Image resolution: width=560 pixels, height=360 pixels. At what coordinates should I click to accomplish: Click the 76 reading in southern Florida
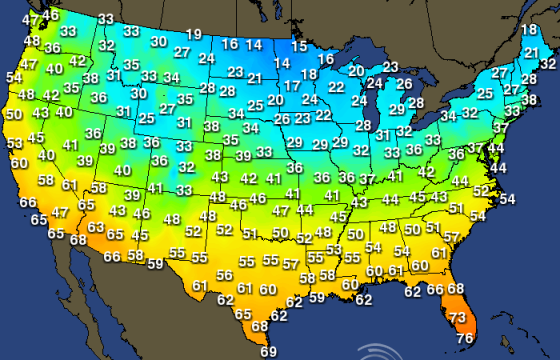[465, 338]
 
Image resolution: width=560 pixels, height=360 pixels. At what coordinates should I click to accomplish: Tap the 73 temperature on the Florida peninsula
[457, 318]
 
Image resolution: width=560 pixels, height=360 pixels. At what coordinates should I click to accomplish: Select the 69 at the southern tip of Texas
[269, 351]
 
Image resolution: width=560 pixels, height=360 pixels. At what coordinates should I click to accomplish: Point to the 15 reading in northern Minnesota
[299, 46]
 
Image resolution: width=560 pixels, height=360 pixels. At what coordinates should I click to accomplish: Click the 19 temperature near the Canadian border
[193, 34]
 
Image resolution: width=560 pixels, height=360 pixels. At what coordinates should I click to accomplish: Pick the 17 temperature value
[291, 87]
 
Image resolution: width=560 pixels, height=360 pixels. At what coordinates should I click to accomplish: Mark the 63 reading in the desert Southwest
[95, 228]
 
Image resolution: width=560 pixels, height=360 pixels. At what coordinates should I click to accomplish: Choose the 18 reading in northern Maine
[529, 30]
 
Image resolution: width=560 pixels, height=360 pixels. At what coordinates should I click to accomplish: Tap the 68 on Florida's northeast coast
[456, 289]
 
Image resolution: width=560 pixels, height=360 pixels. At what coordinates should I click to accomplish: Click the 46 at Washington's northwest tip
[50, 15]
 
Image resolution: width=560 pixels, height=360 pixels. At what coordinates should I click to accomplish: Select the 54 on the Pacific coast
[14, 77]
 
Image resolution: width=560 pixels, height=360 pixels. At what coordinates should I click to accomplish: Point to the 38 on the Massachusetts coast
[530, 99]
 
